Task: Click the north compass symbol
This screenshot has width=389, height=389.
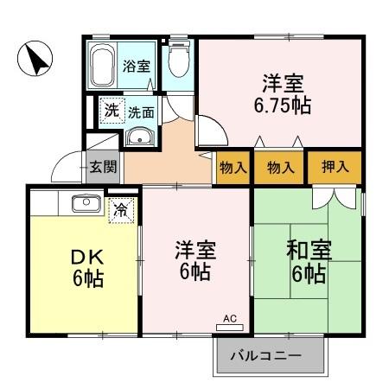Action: pos(35,60)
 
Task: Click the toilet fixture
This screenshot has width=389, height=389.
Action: pos(180,62)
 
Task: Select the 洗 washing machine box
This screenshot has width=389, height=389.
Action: pos(112,110)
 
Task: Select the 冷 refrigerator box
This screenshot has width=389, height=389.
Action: pos(121,208)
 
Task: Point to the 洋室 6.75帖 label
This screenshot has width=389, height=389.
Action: pos(281,96)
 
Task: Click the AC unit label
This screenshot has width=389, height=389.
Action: pos(230,319)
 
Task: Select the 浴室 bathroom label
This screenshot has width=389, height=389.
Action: pos(137,66)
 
